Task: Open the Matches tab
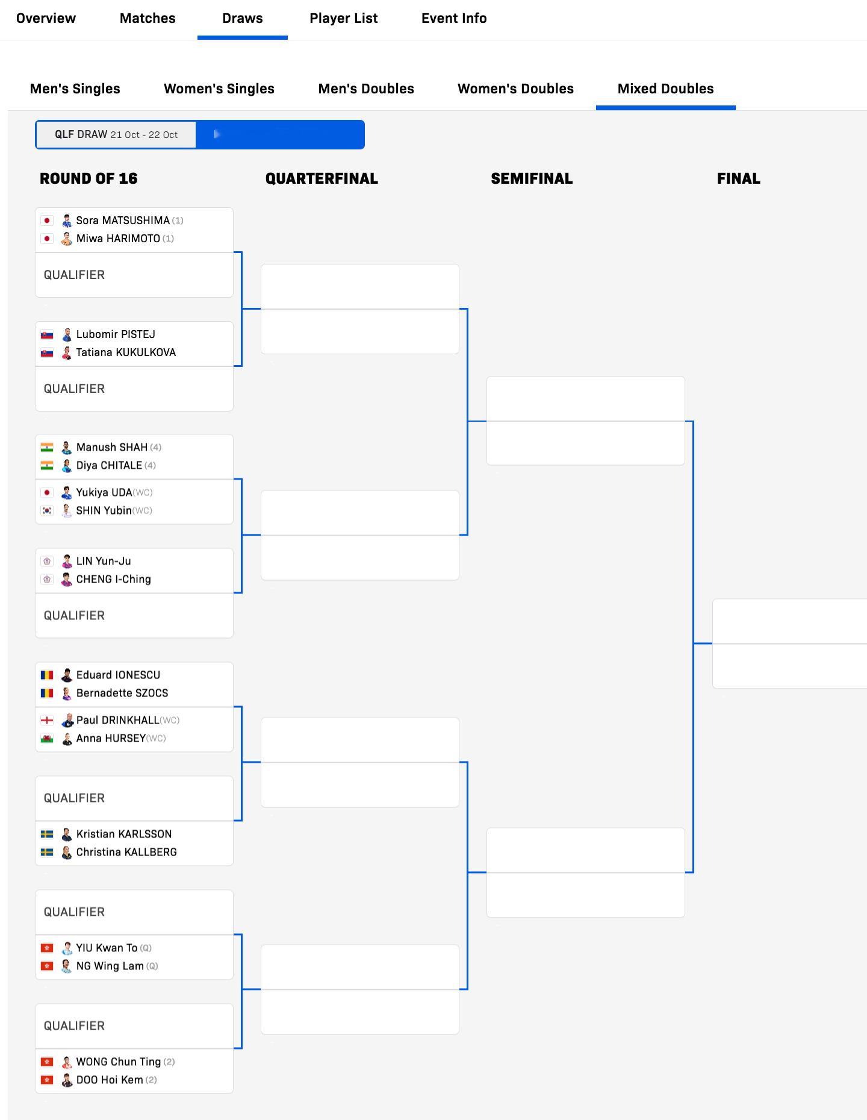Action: point(148,18)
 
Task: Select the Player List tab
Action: point(343,18)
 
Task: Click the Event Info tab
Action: point(454,18)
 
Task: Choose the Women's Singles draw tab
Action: point(219,89)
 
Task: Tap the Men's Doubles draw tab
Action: point(366,89)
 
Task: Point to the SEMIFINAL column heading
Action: point(532,178)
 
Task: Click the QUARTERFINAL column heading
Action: point(322,178)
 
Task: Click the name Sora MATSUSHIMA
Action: point(123,221)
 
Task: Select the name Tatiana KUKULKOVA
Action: point(126,352)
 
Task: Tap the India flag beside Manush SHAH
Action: point(47,448)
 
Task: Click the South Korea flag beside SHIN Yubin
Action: point(47,511)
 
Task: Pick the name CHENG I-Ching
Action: point(113,580)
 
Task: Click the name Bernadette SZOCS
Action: point(122,693)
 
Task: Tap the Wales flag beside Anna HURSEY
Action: point(47,739)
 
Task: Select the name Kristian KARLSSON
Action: point(124,834)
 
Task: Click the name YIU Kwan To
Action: point(107,948)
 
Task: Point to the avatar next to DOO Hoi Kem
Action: point(67,1080)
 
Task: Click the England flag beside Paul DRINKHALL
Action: point(47,721)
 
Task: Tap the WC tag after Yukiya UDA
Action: point(143,493)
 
